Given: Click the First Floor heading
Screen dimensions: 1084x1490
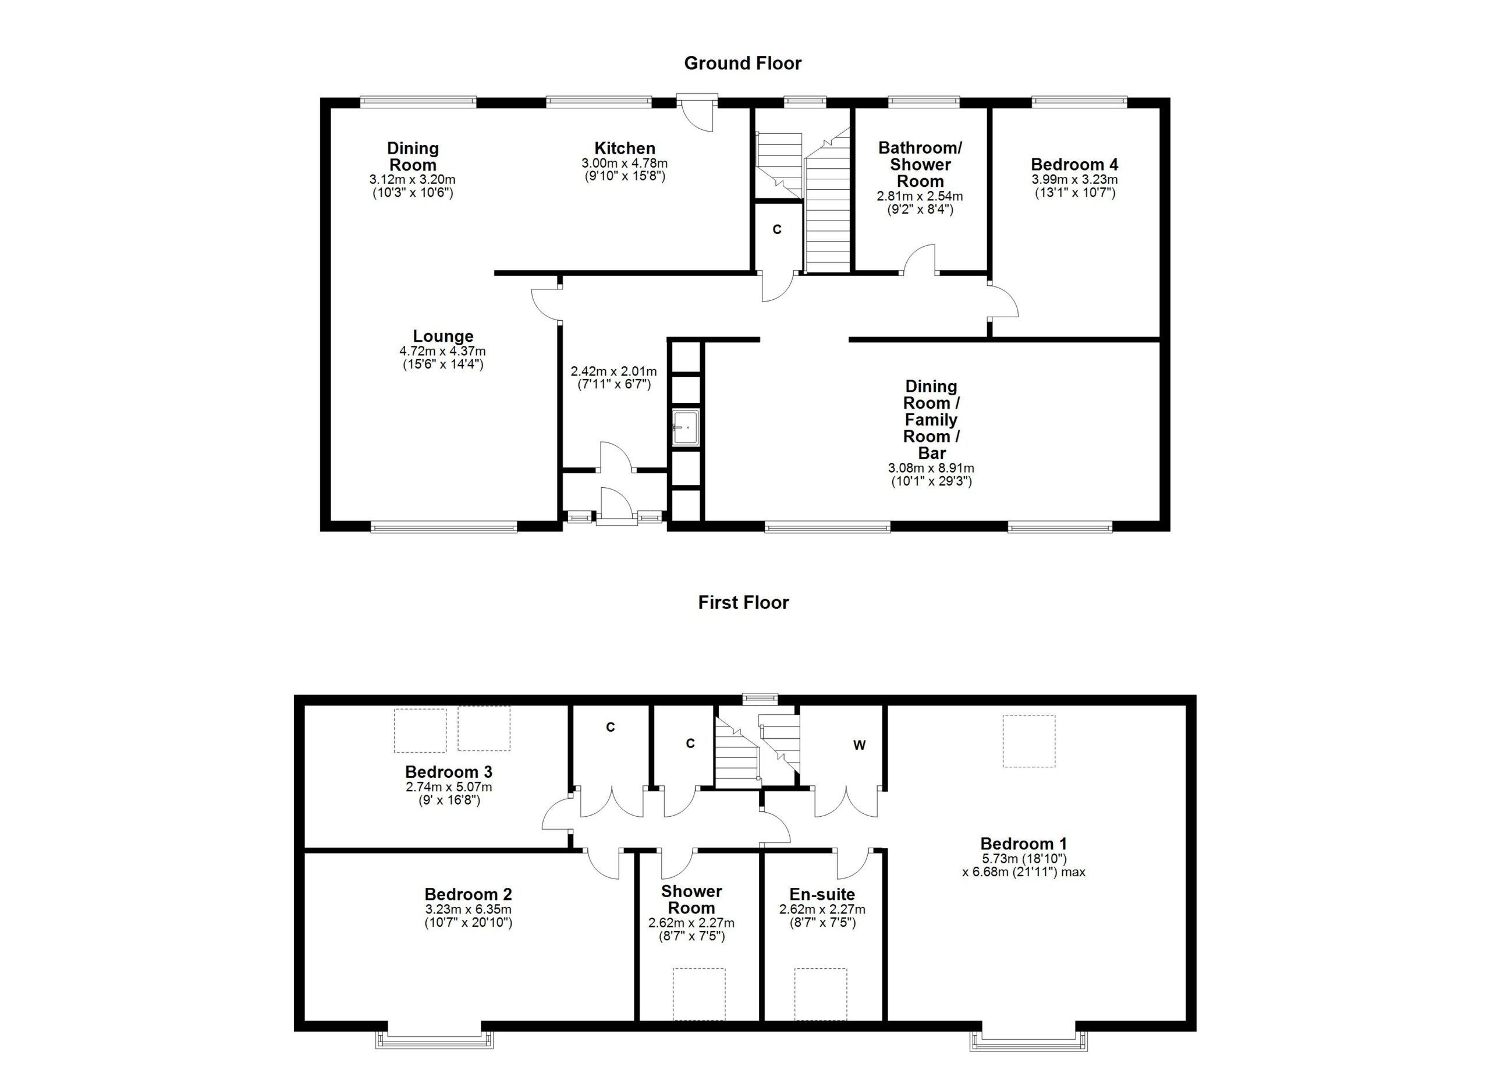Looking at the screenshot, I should [743, 603].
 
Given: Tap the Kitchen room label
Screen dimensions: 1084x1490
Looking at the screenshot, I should [625, 148].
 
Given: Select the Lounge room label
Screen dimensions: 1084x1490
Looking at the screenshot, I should [443, 336].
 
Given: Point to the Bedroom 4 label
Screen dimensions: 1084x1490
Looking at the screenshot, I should [1074, 164].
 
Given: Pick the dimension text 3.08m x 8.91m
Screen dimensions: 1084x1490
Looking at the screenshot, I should [931, 469].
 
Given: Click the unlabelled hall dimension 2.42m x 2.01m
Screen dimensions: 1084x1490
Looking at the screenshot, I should [613, 372].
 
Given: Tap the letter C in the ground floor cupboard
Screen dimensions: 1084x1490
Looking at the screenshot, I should [776, 229].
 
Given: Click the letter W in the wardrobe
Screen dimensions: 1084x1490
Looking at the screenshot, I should [859, 745].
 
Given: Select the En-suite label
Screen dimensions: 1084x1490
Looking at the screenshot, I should [822, 894].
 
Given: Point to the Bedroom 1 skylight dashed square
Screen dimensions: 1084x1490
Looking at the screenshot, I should [1029, 741].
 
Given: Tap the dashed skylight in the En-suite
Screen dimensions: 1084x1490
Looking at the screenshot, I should [821, 993].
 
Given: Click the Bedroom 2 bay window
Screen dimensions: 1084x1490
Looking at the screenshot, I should [434, 1039].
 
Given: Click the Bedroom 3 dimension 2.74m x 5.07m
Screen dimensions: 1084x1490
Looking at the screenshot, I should [449, 787].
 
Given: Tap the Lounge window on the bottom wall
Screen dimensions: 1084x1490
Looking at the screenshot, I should [444, 526].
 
